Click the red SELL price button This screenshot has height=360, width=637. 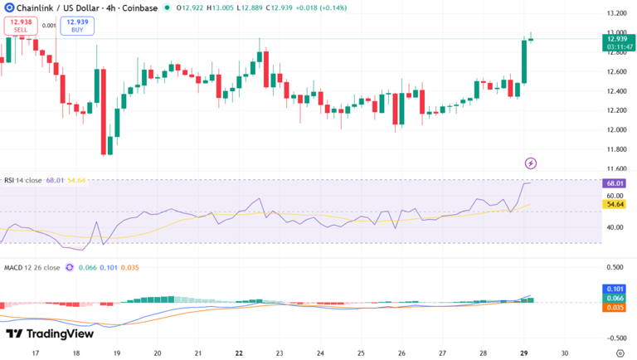coord(21,25)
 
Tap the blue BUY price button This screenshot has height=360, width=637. coord(77,25)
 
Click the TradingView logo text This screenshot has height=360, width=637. coord(50,333)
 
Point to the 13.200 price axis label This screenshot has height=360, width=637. coord(615,14)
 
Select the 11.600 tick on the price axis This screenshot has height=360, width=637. coord(615,169)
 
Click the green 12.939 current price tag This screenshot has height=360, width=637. coord(616,38)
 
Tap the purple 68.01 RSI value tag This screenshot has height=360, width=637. coord(615,183)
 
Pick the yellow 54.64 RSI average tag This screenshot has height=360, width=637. coord(615,204)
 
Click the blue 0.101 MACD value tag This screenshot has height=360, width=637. coord(615,289)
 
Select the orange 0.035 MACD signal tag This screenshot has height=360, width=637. coord(615,308)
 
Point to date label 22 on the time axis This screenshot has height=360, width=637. coord(239,352)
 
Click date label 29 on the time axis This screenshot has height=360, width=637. coord(523,352)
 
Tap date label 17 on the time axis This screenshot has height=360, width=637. coord(34,352)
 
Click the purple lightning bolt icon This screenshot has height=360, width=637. coord(531,163)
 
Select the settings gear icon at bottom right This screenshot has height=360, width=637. coord(619,353)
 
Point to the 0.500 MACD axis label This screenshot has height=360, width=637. coord(615,267)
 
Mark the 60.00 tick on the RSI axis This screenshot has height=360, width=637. coord(615,196)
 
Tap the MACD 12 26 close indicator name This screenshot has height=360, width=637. coord(31,268)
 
